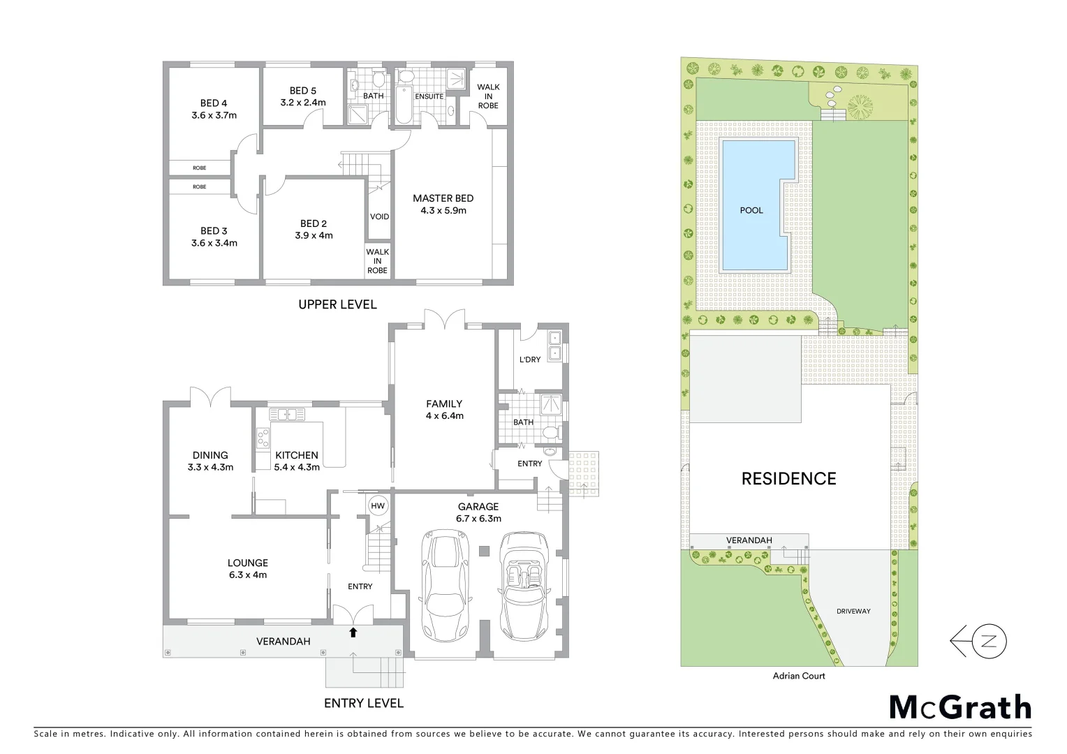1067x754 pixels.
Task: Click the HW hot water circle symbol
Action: [x=378, y=506]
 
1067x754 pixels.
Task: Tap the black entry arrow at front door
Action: [x=353, y=633]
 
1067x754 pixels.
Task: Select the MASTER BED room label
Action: [x=443, y=198]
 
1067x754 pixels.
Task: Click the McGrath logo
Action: [x=960, y=707]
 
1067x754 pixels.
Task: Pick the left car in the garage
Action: [x=443, y=583]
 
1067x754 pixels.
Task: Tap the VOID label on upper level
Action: [x=379, y=216]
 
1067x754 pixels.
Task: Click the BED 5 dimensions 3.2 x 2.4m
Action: [x=303, y=103]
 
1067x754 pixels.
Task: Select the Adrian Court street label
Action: [x=799, y=676]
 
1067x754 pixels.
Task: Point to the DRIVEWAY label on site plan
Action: [x=853, y=612]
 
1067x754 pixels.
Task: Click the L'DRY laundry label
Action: [x=530, y=360]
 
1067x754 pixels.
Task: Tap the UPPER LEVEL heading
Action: [x=337, y=304]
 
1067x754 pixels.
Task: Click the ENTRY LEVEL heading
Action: [x=363, y=703]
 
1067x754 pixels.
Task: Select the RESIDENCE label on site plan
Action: [x=788, y=479]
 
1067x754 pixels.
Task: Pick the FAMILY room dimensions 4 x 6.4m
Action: [x=444, y=416]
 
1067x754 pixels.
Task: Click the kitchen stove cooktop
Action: [x=263, y=438]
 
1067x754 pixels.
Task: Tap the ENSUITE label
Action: [x=429, y=96]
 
